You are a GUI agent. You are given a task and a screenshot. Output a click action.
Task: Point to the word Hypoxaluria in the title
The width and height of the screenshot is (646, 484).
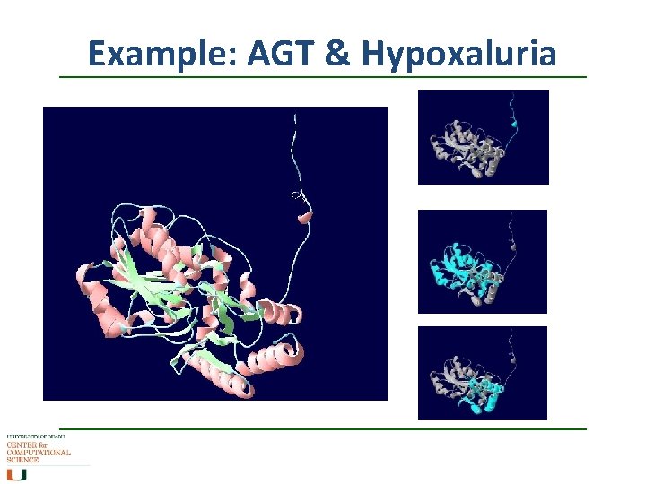tap(458, 56)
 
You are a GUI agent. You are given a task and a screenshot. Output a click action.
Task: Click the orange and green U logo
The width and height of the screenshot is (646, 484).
tap(17, 474)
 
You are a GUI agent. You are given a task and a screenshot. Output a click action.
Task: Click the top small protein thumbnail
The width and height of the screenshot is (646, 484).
tap(483, 137)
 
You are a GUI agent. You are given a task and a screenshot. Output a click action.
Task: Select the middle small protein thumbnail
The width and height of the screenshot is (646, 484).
tap(483, 262)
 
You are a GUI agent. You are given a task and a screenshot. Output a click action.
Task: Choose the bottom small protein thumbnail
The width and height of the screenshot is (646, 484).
tap(483, 373)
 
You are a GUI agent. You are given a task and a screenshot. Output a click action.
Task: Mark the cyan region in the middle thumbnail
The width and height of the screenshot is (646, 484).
tap(458, 265)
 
